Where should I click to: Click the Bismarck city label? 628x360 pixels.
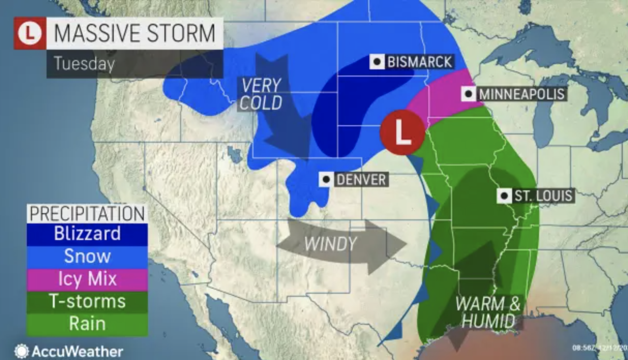click(x=419, y=63)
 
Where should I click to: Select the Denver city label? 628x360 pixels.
click(x=360, y=180)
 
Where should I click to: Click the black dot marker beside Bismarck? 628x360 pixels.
click(x=378, y=63)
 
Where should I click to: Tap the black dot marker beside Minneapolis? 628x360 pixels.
click(x=469, y=94)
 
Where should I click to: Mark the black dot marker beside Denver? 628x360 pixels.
click(x=326, y=180)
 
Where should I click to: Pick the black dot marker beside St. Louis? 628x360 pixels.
click(x=504, y=196)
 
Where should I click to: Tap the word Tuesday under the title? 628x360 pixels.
click(x=83, y=64)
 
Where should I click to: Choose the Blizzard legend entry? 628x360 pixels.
click(x=87, y=233)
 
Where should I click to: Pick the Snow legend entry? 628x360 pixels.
click(x=87, y=256)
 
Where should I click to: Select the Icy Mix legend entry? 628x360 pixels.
click(x=87, y=279)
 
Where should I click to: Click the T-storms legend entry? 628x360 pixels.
click(x=87, y=302)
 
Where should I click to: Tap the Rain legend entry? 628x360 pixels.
click(x=87, y=324)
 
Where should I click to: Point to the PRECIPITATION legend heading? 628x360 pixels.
click(x=87, y=214)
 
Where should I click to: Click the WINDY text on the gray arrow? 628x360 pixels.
click(x=330, y=244)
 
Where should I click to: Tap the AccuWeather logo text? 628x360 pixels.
click(x=77, y=352)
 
